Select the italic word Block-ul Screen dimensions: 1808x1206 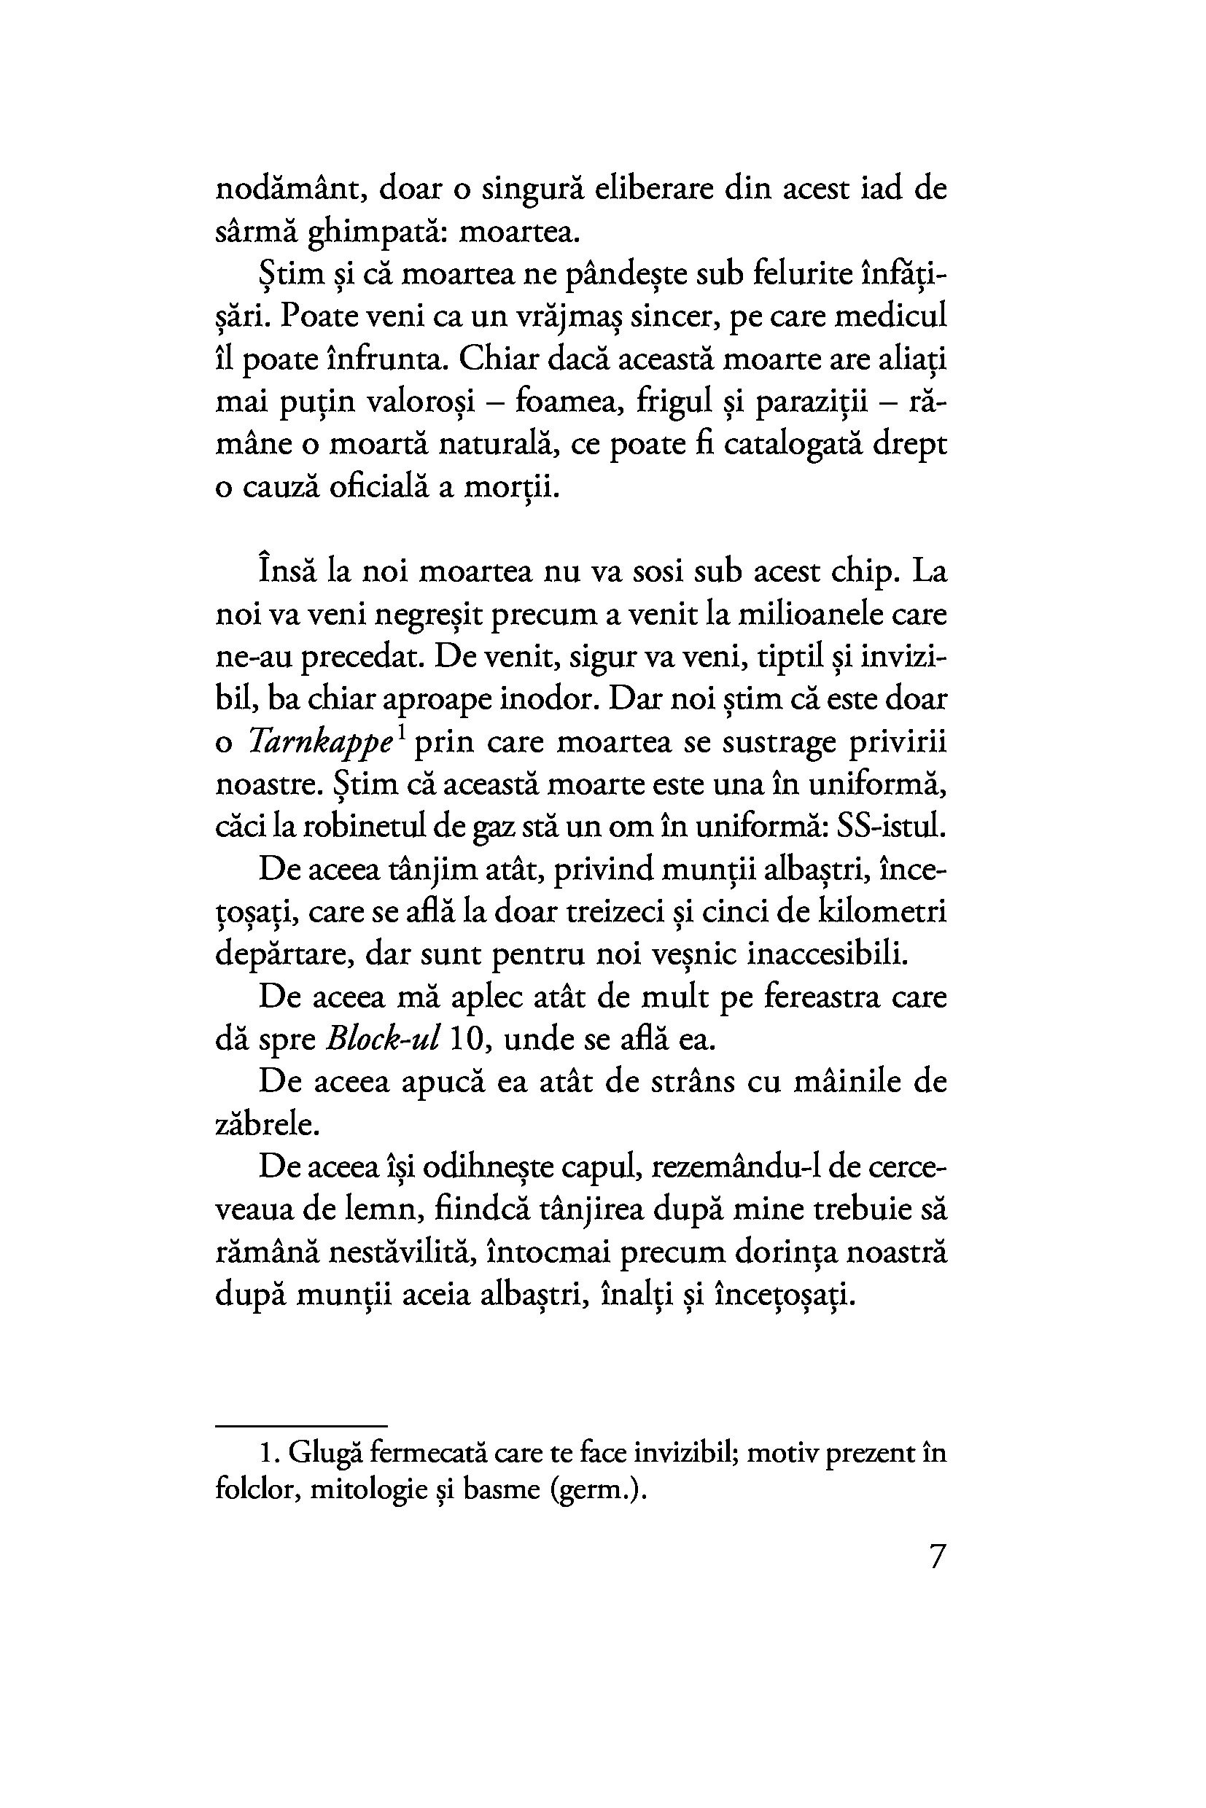(383, 1040)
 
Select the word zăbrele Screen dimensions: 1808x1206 (266, 1125)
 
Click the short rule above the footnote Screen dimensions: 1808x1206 (300, 1425)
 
